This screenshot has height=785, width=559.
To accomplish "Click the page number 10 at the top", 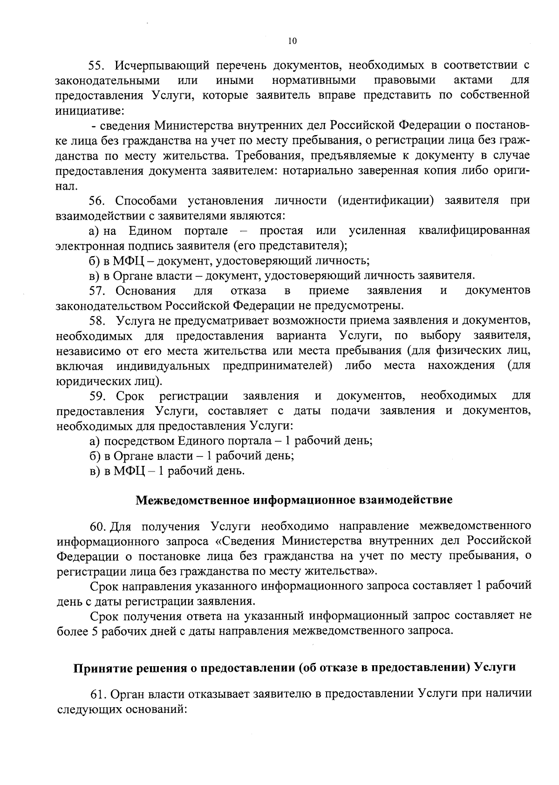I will point(292,41).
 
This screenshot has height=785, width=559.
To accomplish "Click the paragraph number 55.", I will point(97,65).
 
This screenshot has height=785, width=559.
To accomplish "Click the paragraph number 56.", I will point(97,201).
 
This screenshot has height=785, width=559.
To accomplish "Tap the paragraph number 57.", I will point(97,291).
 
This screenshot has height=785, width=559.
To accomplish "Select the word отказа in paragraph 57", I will point(248,291).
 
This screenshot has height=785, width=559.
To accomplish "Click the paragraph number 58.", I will point(97,321).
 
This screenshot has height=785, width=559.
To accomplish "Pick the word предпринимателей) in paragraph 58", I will point(277,366).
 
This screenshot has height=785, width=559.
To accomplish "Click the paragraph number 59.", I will point(97,396).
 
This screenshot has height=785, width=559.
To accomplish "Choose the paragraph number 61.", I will point(99,694).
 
